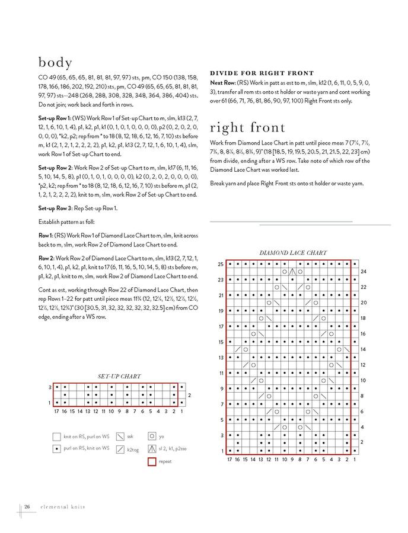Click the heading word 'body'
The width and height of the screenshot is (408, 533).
[56, 62]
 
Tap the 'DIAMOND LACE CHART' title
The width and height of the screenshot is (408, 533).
[293, 253]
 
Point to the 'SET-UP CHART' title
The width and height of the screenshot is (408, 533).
[119, 376]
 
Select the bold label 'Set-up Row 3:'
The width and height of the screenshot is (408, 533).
[55, 208]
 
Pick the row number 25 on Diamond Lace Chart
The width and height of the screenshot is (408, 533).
[221, 264]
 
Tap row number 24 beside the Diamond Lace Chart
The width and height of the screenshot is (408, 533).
[364, 271]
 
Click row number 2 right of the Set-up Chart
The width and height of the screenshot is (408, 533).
[189, 395]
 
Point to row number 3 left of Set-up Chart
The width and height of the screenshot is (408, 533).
[50, 387]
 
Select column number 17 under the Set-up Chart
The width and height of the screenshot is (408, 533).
[57, 411]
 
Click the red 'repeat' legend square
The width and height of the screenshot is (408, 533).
[152, 461]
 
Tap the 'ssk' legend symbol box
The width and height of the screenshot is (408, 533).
[120, 436]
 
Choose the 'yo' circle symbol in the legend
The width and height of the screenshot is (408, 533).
[152, 436]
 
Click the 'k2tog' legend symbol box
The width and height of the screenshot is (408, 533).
[120, 449]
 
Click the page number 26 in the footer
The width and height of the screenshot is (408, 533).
[27, 507]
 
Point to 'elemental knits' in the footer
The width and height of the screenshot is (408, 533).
[62, 507]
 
